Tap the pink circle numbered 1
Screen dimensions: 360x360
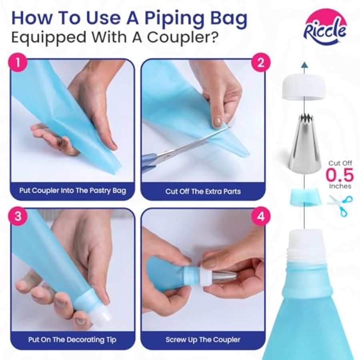tap(18, 62)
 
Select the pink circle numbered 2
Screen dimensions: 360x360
tap(260, 62)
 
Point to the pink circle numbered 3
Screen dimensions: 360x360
tap(18, 216)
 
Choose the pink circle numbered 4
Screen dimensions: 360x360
tap(260, 216)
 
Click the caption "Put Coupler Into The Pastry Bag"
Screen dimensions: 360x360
tap(72, 190)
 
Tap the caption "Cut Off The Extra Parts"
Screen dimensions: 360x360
tap(203, 191)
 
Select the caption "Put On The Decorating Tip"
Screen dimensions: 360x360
tap(72, 340)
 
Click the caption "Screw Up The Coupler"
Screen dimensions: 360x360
tap(203, 340)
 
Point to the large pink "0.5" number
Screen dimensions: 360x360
tap(340, 175)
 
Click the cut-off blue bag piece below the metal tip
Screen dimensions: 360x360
tap(304, 196)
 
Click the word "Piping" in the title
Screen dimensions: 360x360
tap(174, 19)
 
